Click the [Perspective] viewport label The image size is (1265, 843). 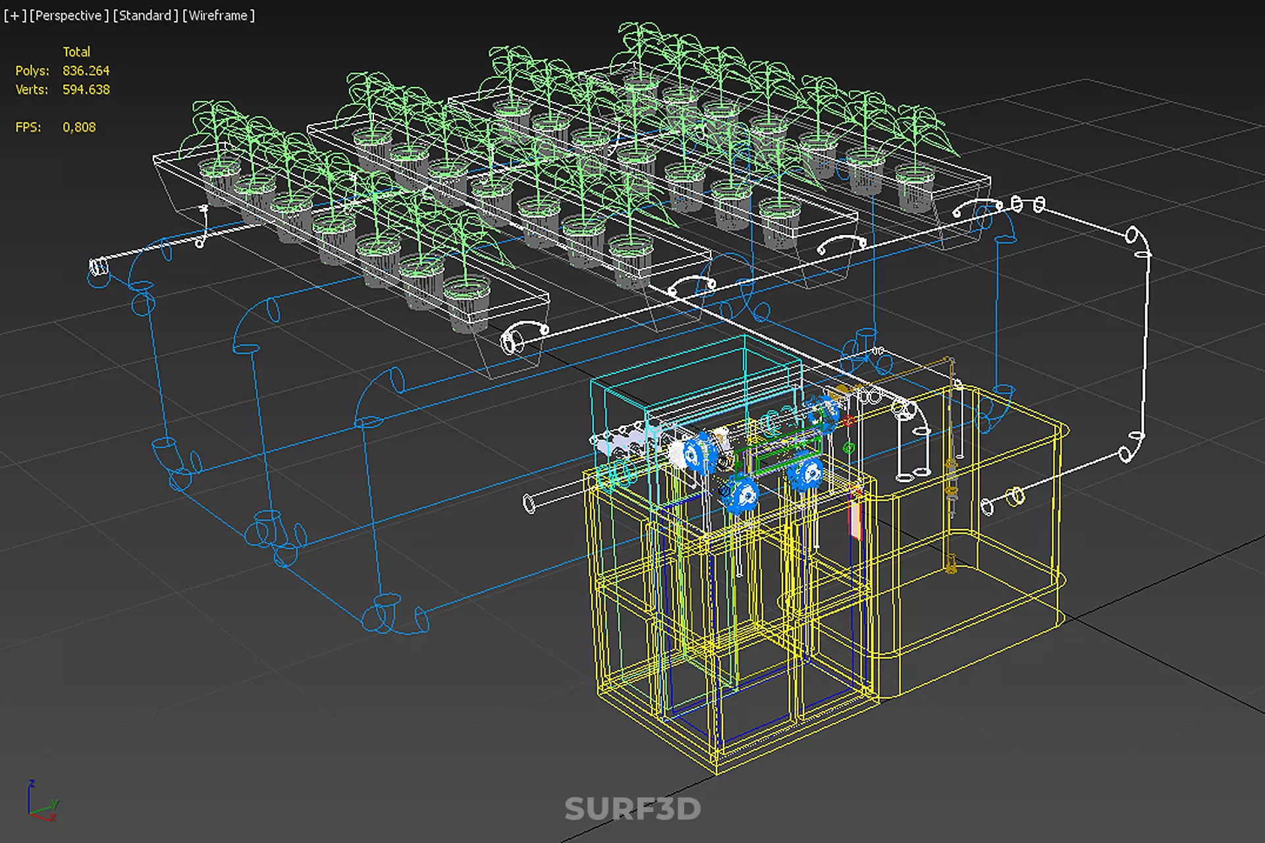[69, 15]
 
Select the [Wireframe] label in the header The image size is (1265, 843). [219, 15]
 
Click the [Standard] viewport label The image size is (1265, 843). [146, 15]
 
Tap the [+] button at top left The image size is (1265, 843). [14, 15]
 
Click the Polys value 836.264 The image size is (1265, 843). [86, 70]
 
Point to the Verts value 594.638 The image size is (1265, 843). [86, 90]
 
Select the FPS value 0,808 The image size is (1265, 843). [79, 127]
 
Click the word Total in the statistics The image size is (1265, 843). [76, 51]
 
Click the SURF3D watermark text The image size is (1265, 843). [632, 809]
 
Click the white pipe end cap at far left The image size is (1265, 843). [99, 267]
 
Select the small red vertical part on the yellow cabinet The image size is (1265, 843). [855, 514]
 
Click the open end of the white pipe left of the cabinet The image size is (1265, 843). [529, 504]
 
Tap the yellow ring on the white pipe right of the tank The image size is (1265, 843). [1017, 495]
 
